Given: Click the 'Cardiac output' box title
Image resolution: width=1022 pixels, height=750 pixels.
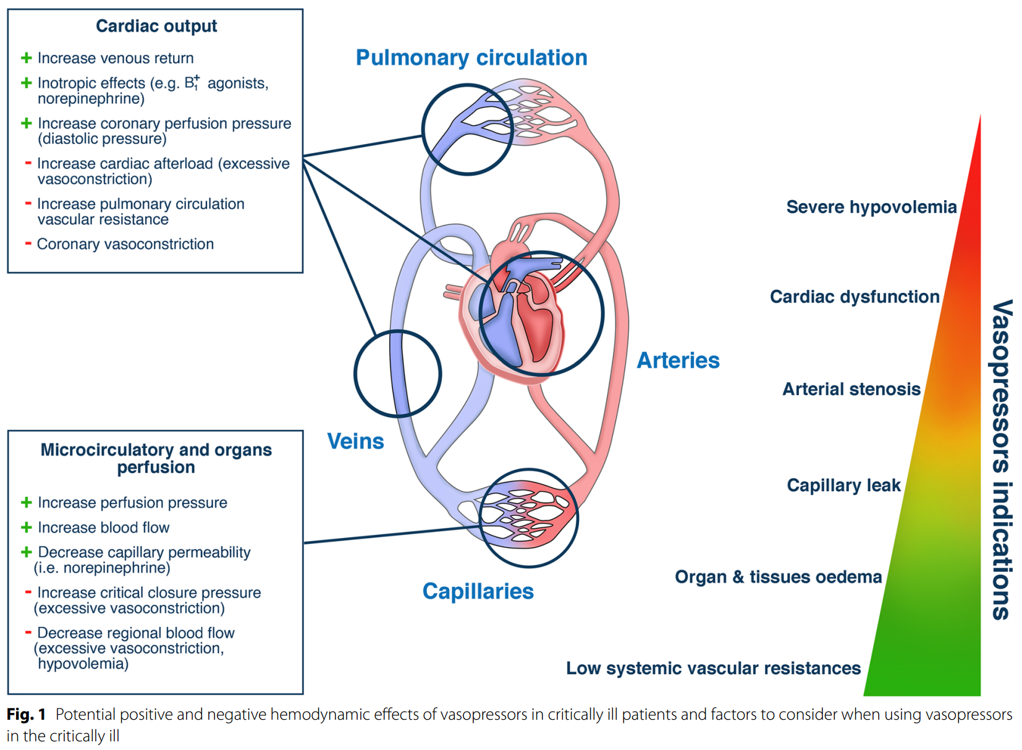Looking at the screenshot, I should pyautogui.click(x=156, y=26).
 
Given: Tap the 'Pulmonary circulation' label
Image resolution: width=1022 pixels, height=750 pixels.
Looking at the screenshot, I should pyautogui.click(x=471, y=57).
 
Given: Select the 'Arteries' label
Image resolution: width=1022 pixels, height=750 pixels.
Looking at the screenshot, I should pyautogui.click(x=678, y=360).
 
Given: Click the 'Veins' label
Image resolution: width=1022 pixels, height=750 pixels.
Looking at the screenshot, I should pyautogui.click(x=355, y=441).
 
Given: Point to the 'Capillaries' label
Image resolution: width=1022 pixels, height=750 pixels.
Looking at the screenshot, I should pyautogui.click(x=478, y=591).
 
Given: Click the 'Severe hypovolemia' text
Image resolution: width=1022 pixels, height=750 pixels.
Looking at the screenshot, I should pyautogui.click(x=871, y=207).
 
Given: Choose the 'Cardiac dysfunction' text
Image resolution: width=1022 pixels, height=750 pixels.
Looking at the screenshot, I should pyautogui.click(x=854, y=297).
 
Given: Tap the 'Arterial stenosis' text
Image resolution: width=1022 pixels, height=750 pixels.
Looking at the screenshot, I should pyautogui.click(x=851, y=389).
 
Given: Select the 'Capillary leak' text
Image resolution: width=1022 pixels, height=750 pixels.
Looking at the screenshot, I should pyautogui.click(x=843, y=485).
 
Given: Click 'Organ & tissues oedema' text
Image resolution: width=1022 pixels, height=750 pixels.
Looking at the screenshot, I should pyautogui.click(x=778, y=577).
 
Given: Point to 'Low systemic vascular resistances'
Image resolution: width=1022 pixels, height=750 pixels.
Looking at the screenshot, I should pyautogui.click(x=713, y=668).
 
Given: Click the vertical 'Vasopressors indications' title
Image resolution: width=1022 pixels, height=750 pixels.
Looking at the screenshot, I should pyautogui.click(x=1002, y=460).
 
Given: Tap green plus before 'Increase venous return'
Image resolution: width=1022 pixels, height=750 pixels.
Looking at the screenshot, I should pyautogui.click(x=27, y=58).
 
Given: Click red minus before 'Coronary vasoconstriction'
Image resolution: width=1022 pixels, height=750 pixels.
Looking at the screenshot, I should pyautogui.click(x=28, y=243).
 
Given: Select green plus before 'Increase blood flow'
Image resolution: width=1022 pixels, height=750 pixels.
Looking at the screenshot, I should pyautogui.click(x=27, y=527).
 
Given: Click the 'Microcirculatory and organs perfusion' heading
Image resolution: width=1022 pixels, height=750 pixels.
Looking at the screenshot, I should pyautogui.click(x=156, y=458).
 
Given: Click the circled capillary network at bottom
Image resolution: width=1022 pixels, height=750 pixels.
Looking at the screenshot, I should pyautogui.click(x=528, y=518).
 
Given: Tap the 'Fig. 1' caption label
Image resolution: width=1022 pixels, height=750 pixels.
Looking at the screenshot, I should pyautogui.click(x=26, y=715).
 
